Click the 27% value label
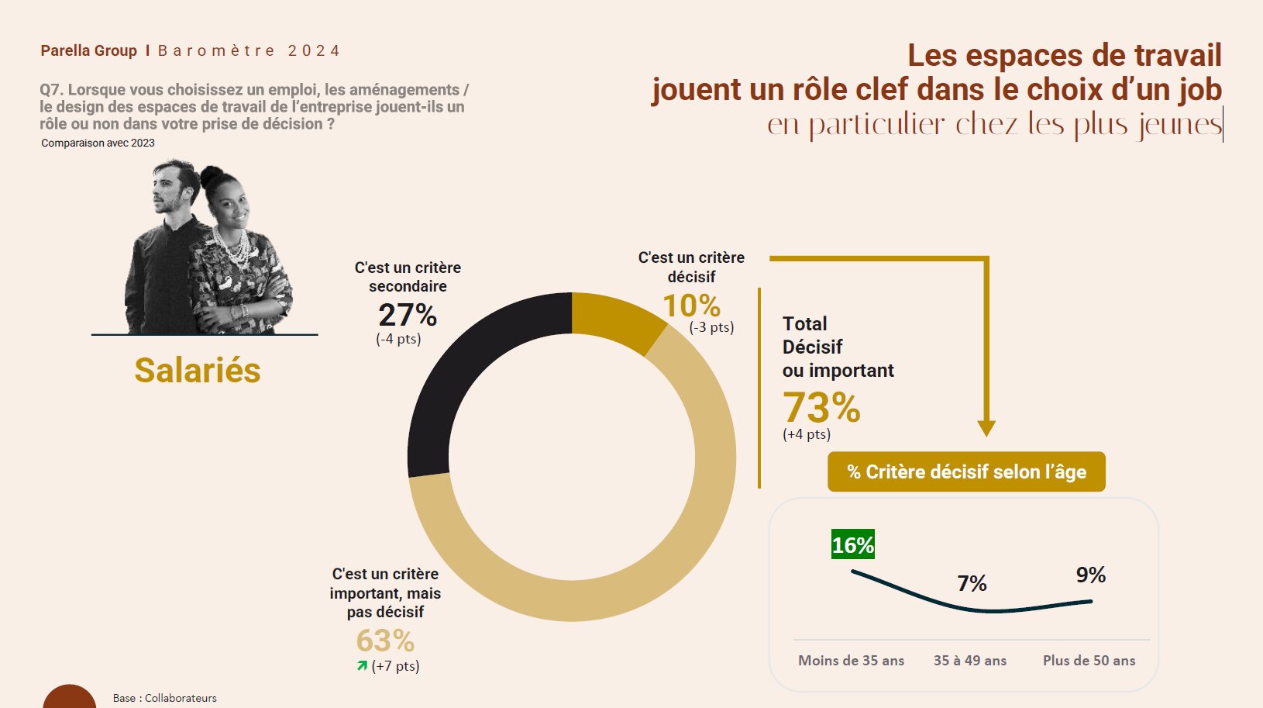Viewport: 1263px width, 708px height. coord(408,316)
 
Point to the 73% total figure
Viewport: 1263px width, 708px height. coord(821,407)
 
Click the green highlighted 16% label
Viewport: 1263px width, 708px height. coord(852,545)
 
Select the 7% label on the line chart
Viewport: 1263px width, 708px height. coord(972,583)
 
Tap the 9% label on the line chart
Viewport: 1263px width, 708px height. coord(1090,575)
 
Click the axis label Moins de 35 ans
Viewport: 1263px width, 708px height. coord(851,661)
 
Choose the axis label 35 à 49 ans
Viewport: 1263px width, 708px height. coord(969,661)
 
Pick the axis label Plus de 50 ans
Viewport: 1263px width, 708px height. coord(1089,661)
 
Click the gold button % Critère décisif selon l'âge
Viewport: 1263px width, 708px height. coord(966,471)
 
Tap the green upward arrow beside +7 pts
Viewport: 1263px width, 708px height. coord(362,665)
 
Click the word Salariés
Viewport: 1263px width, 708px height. coord(198,370)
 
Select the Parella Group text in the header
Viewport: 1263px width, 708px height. coord(88,51)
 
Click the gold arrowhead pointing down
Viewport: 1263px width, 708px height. coord(986,428)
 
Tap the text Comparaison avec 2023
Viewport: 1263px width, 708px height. coord(98,143)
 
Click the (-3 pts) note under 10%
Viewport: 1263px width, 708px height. coord(711,327)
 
